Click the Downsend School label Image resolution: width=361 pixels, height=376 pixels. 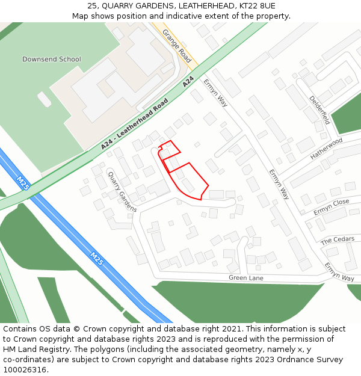coord(51,59)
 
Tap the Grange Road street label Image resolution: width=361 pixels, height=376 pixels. coord(176,46)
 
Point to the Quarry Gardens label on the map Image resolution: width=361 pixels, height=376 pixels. coord(122,191)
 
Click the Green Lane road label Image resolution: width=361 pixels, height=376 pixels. coord(246,278)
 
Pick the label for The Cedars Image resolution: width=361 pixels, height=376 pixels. coord(337,240)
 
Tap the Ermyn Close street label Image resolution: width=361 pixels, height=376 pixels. coord(331,207)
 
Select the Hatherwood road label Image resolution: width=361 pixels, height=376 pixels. coord(326,148)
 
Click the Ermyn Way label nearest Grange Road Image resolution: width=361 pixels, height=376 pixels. coord(215,92)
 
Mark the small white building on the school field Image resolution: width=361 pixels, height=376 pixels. coord(44,99)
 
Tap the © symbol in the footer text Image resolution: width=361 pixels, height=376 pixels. coord(76,329)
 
